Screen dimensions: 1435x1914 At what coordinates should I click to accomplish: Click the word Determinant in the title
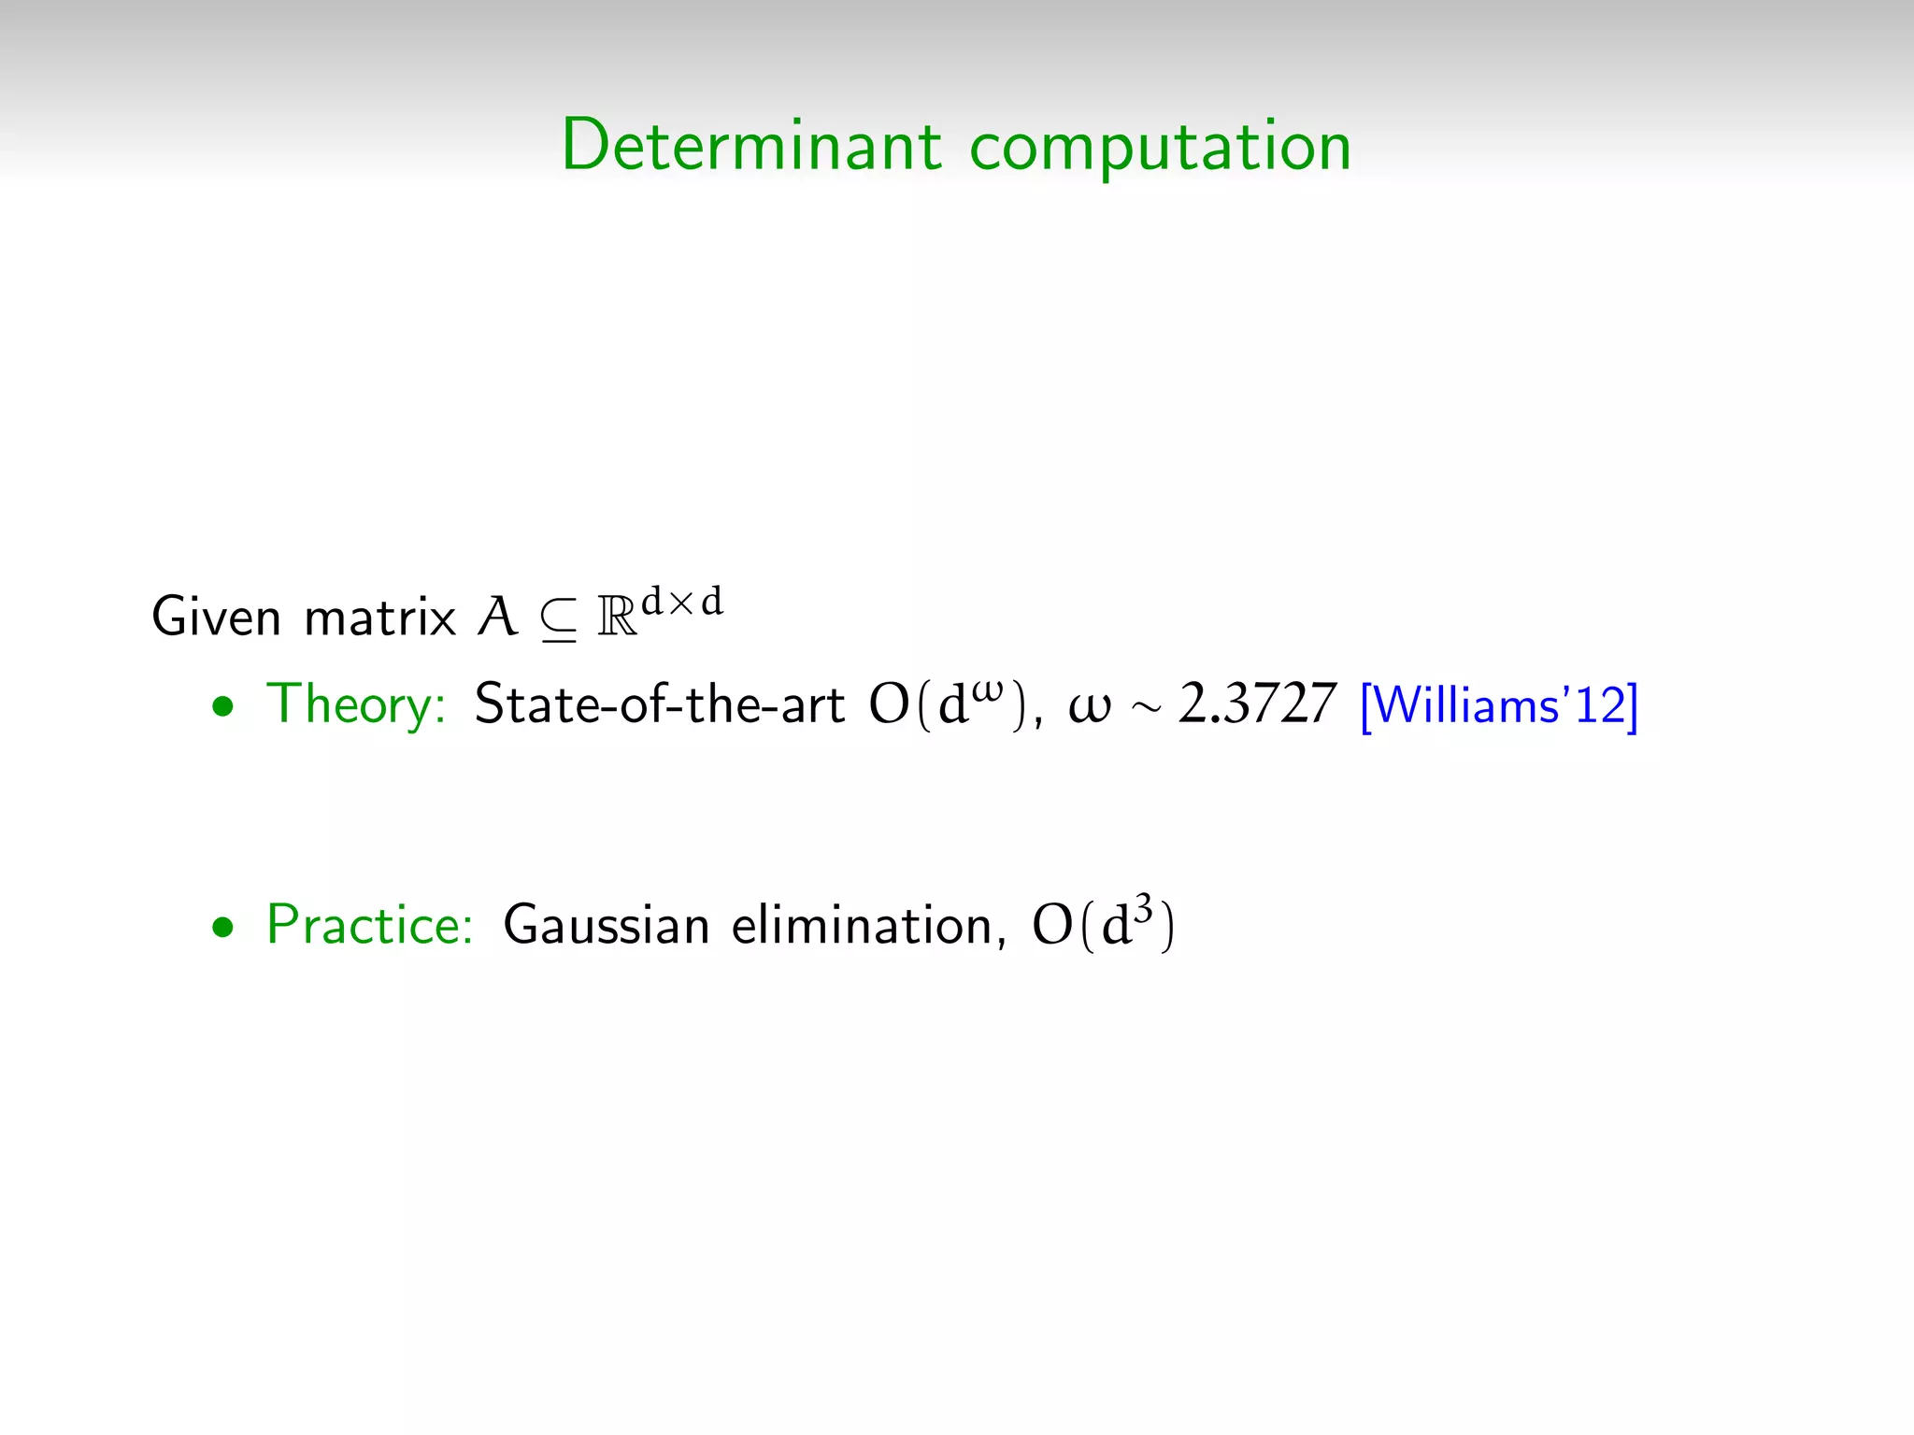[751, 146]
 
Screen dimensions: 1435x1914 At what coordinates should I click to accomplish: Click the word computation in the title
[1160, 148]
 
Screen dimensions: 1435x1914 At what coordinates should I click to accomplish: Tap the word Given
[216, 618]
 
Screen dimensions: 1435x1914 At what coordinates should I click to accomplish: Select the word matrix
[379, 618]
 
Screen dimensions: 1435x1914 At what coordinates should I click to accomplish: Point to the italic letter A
[497, 618]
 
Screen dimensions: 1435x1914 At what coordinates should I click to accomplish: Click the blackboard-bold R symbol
[617, 618]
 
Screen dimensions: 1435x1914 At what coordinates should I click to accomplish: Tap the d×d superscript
[682, 602]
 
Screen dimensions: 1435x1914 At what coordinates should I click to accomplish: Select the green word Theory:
[356, 705]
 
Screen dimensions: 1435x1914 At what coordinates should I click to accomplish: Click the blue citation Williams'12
[1499, 705]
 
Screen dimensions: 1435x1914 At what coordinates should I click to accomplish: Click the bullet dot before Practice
[222, 929]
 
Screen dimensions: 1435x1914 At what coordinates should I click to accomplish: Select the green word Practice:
[370, 926]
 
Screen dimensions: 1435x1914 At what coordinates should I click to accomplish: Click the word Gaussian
[607, 926]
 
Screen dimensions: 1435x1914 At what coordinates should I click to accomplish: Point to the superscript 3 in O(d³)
[1144, 908]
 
